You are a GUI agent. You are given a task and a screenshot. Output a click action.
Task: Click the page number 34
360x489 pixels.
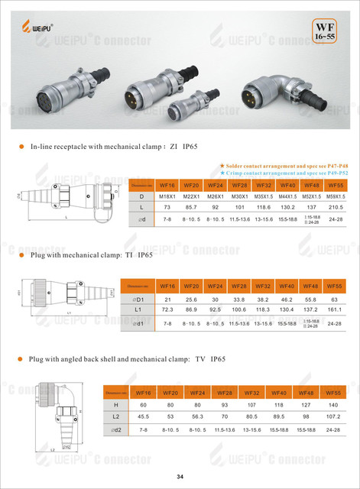pos(180,477)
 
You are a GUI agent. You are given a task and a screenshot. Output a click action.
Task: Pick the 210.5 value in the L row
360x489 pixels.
pos(333,208)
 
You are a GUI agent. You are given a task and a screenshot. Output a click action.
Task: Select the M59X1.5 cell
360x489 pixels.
pos(333,196)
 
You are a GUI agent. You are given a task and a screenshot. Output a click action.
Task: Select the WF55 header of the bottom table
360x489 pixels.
pos(333,393)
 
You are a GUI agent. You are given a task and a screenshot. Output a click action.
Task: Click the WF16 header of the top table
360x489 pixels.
pos(167,184)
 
